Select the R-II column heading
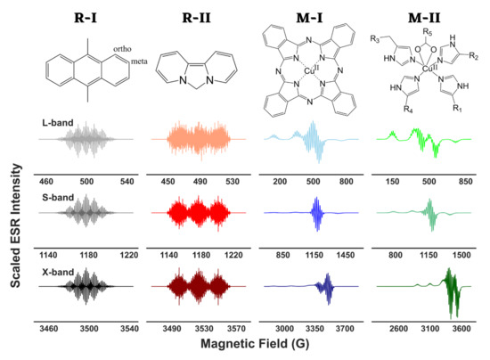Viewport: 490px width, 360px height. (x=192, y=15)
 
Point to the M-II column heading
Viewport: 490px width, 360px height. (x=417, y=15)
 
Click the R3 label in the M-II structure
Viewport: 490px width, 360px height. (x=378, y=52)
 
